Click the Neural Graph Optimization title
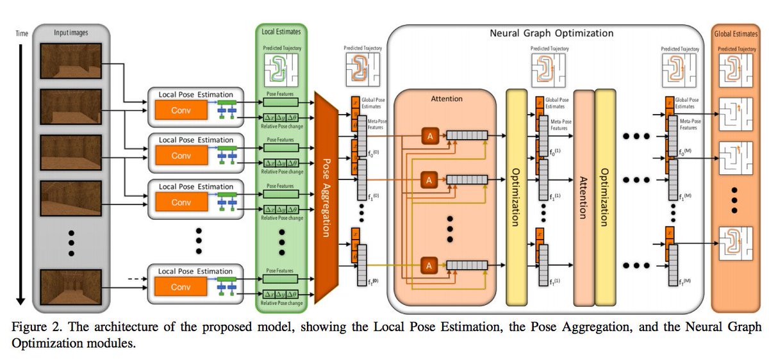pyautogui.click(x=551, y=33)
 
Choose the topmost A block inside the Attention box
pyautogui.click(x=429, y=135)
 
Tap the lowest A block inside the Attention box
pyautogui.click(x=429, y=264)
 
